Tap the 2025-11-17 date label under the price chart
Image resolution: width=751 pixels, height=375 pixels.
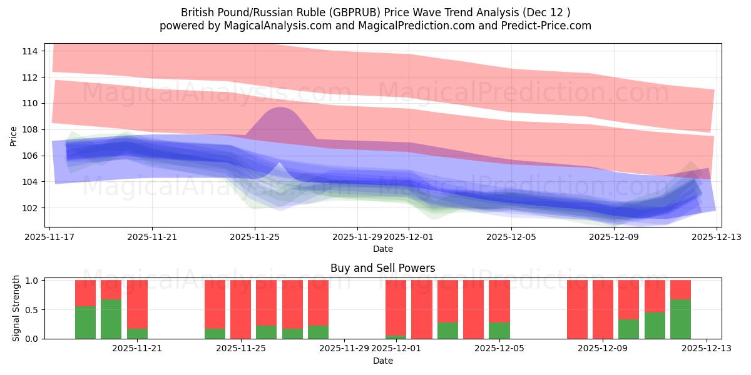coord(50,237)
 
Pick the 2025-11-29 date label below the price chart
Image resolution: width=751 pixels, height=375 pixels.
coord(357,237)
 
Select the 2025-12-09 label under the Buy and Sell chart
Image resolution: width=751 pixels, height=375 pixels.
coord(603,349)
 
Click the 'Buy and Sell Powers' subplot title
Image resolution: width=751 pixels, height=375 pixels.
coord(382,269)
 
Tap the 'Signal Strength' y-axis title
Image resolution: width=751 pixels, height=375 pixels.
coord(16,308)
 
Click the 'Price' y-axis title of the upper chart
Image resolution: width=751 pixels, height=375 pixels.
coord(14,136)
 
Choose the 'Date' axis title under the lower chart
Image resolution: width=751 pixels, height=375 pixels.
coord(382,361)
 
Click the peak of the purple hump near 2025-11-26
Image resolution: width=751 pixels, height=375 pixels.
coord(279,109)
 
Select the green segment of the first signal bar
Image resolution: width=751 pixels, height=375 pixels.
coord(85,322)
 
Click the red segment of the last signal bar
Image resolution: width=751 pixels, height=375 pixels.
coord(680,289)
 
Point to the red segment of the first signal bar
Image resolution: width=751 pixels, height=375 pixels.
coord(85,292)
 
